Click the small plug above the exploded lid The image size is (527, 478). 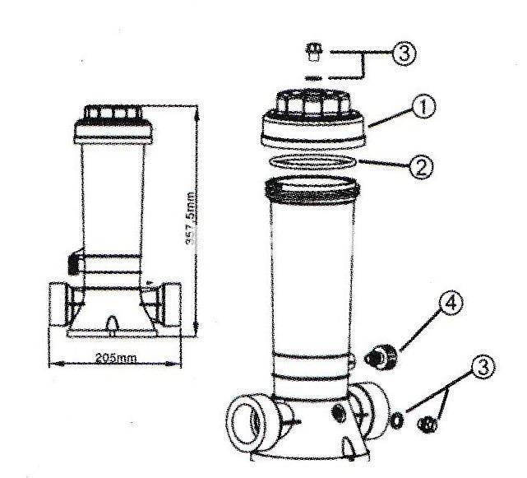[312, 55]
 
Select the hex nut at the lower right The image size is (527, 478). [428, 425]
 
